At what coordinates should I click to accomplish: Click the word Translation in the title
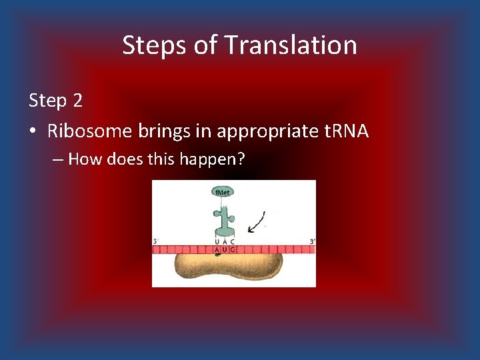[x=291, y=45]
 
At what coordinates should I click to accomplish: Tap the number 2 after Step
[x=78, y=101]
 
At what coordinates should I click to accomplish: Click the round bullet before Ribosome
[x=34, y=131]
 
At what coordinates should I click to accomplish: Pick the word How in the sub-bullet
[x=83, y=159]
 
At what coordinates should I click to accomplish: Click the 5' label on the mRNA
[x=155, y=241]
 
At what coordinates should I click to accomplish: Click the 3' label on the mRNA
[x=312, y=241]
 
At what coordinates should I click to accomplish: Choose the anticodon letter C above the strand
[x=233, y=242]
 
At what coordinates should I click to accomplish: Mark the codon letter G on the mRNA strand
[x=233, y=250]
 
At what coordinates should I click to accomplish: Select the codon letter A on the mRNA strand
[x=217, y=250]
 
